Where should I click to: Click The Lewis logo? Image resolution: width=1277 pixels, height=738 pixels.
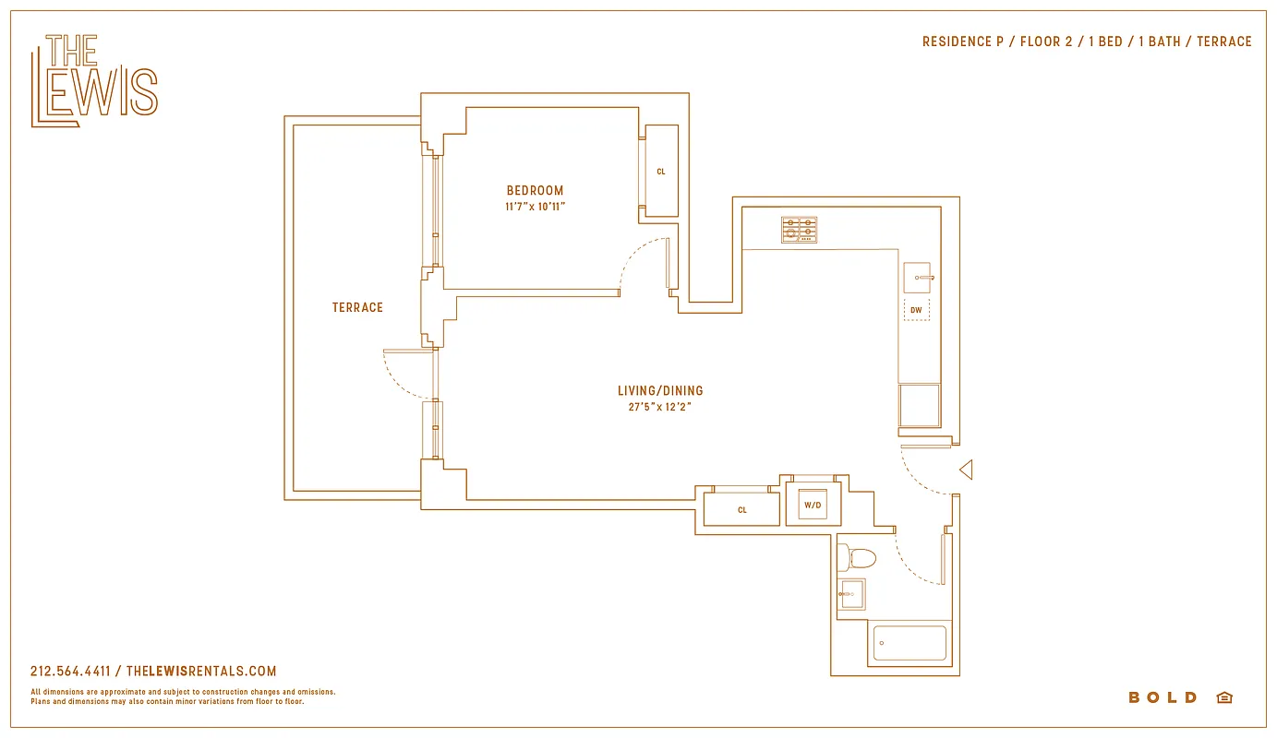point(94,80)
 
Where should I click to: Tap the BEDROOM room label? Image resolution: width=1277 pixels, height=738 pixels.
point(535,191)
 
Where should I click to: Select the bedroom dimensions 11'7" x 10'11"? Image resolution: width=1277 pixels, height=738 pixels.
point(535,207)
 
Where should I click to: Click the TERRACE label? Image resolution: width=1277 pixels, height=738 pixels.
point(357,307)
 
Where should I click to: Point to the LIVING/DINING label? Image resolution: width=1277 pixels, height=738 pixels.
point(660,391)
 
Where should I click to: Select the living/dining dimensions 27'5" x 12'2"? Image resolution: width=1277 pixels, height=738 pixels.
point(660,407)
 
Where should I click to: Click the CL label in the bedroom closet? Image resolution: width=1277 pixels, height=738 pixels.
point(661,172)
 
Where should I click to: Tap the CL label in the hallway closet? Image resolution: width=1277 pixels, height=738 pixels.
point(742,510)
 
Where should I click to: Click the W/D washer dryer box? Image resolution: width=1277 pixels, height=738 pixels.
point(813,505)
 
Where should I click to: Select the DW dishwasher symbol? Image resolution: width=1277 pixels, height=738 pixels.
point(916,310)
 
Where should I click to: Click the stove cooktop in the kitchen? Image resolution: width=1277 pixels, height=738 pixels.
point(800,230)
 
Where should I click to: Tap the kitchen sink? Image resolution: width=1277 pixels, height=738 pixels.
point(918,277)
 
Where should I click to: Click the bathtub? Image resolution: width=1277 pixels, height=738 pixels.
point(910,643)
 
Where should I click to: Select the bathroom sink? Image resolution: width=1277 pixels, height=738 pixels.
point(852,594)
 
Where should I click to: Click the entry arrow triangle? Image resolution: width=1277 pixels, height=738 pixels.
point(966,470)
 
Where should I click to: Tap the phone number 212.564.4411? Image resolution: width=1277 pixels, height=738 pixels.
point(70,672)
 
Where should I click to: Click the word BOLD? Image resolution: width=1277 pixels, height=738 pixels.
point(1163,697)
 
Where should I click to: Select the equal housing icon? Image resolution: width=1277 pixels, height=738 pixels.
point(1224,697)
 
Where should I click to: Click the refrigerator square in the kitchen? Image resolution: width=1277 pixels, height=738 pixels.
point(920,405)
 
